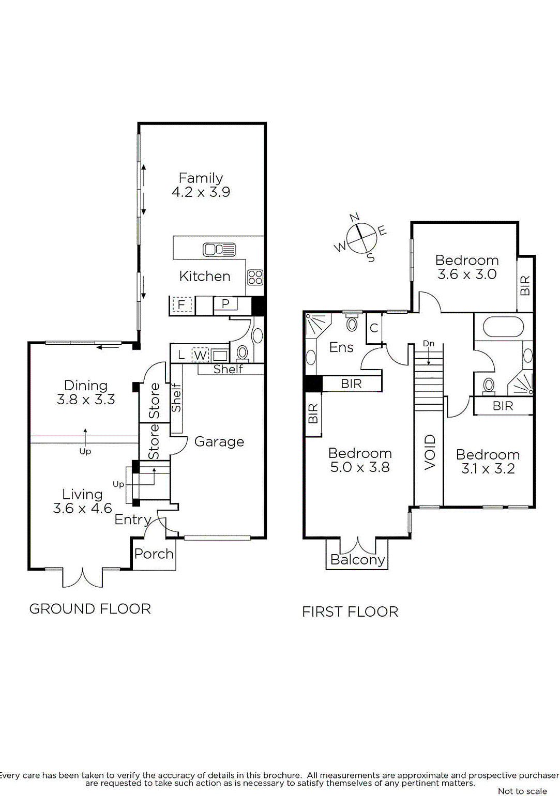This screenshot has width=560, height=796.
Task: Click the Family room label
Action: pos(201,178)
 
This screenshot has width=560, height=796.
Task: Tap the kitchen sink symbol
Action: pos(219,250)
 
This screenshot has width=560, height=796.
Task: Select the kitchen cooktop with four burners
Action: pos(255,278)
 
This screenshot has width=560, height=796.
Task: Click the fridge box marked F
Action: pos(181,305)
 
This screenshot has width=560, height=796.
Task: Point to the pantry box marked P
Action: pos(225,304)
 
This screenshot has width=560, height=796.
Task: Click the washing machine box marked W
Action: pos(200,355)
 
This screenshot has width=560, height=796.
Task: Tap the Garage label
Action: pos(219,442)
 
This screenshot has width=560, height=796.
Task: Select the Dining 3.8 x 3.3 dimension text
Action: pos(86,400)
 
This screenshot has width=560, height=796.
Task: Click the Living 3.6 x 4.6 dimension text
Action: pos(82,509)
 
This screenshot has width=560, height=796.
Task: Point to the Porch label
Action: pos(154,554)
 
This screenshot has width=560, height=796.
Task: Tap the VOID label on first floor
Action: pos(430,452)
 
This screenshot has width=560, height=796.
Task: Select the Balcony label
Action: pos(358,560)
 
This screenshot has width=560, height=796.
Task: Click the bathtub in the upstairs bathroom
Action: pos(503,327)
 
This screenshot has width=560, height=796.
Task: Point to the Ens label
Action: pos(341,347)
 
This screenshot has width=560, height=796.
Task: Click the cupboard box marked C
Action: pos(374,328)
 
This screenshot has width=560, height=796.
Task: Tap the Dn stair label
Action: pos(429,344)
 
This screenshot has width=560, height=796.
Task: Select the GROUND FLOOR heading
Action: pos(90,609)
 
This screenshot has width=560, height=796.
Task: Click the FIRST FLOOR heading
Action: pos(350,612)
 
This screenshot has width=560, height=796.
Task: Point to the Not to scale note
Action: pos(522,791)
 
